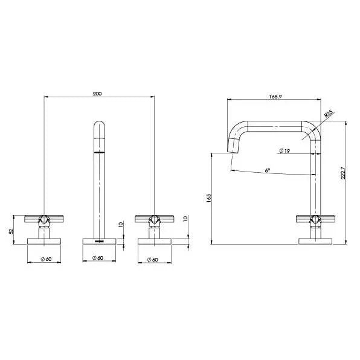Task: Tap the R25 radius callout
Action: [328, 112]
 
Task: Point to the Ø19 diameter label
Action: [284, 150]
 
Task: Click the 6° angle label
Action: [268, 170]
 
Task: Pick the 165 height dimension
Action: [209, 199]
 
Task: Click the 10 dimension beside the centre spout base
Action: [121, 225]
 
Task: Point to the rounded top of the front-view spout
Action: [100, 128]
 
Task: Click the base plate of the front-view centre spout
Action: [100, 241]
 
